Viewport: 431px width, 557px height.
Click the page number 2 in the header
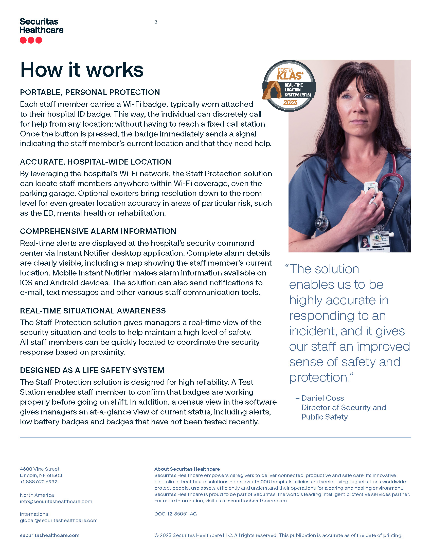tap(156, 22)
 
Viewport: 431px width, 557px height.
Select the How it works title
tap(82, 70)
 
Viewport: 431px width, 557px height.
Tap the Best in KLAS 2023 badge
tap(289, 86)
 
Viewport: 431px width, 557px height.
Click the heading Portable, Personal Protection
tap(90, 92)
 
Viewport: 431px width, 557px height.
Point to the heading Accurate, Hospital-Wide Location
tap(96, 162)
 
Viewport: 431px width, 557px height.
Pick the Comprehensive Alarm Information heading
tap(98, 231)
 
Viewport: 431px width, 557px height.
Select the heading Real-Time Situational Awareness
tap(93, 311)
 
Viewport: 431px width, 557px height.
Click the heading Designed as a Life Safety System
tap(92, 370)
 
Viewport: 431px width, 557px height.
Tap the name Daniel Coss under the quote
tap(322, 398)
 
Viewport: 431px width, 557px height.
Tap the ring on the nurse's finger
tap(374, 204)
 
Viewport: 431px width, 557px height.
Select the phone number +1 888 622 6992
tap(39, 482)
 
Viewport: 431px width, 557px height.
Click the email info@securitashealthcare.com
tap(56, 501)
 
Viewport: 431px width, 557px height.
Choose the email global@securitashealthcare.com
tap(59, 521)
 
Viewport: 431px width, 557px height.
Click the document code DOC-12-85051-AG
tap(175, 514)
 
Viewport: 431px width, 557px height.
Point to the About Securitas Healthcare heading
tap(187, 469)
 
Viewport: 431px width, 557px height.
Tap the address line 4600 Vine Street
tap(40, 469)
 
